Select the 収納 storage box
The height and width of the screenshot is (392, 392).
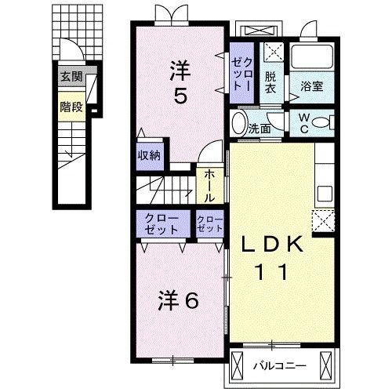click(149, 154)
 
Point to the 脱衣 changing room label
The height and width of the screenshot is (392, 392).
click(270, 82)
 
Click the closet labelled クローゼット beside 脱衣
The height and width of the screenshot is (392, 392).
click(241, 76)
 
